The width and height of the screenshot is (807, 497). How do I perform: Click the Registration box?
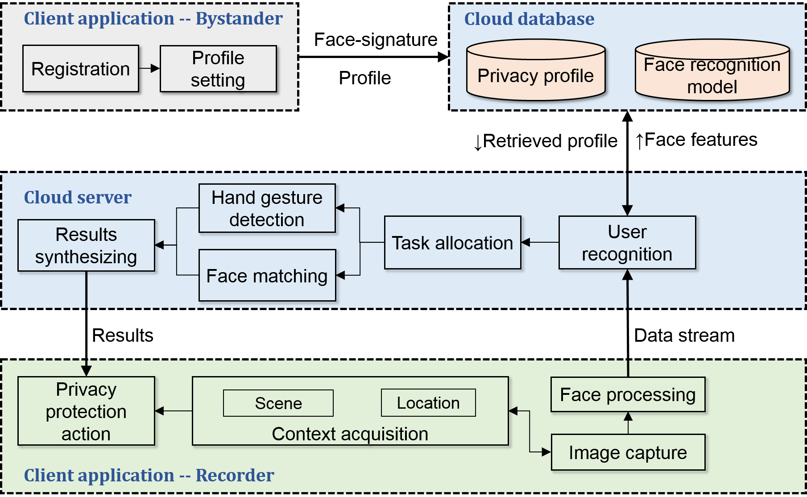(x=81, y=69)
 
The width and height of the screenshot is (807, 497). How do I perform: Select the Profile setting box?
(x=218, y=69)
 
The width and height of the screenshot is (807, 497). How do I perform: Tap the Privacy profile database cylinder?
(x=536, y=70)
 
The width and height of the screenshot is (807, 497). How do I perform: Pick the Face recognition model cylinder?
(x=712, y=70)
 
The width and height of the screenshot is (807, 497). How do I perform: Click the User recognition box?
(x=627, y=243)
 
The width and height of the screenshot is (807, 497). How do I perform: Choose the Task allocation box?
(x=453, y=243)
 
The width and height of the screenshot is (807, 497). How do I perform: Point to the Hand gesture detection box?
(x=267, y=208)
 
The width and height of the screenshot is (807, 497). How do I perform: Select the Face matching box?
(x=267, y=275)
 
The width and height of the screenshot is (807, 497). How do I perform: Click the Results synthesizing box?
(x=86, y=245)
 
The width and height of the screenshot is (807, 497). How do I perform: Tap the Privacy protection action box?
(x=86, y=411)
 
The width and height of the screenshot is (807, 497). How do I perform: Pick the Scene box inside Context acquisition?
(x=278, y=403)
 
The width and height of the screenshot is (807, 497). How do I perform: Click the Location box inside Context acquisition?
(x=428, y=403)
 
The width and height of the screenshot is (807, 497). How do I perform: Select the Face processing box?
(x=628, y=394)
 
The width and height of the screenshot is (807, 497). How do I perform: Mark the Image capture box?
(x=628, y=452)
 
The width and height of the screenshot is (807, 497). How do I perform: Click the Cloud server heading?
(x=78, y=197)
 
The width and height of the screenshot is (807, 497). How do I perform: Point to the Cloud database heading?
(x=529, y=19)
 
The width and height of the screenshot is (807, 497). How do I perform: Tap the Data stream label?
(x=684, y=335)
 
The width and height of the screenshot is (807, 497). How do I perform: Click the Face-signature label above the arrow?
(x=376, y=40)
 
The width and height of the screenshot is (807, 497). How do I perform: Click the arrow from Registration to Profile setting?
(x=149, y=68)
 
